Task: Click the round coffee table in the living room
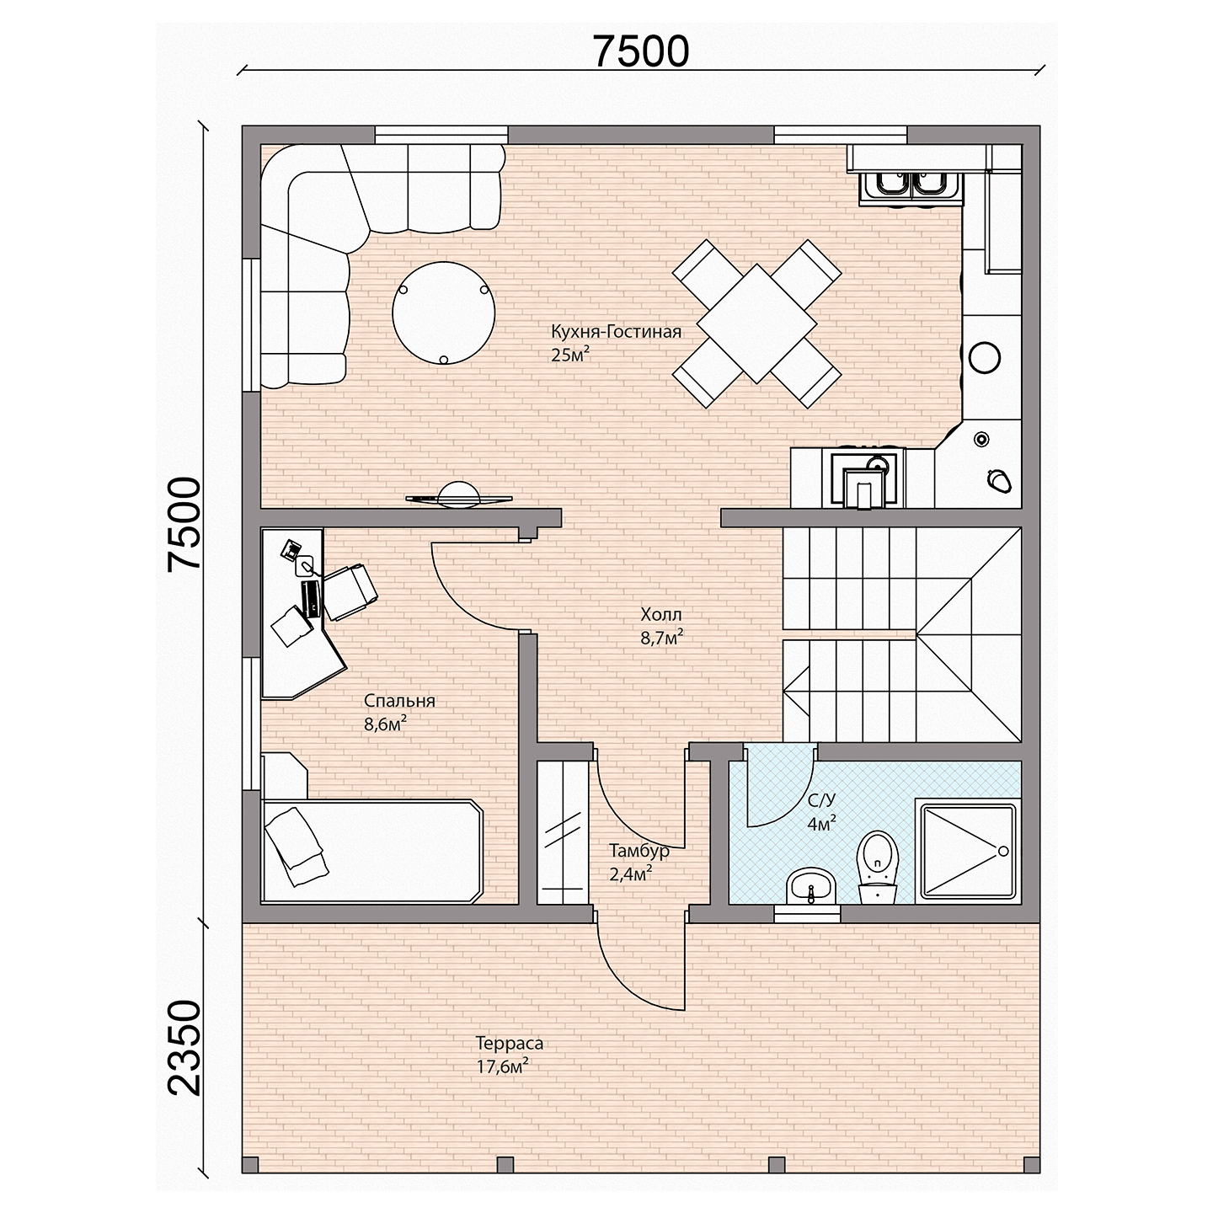click(443, 313)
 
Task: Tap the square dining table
click(756, 323)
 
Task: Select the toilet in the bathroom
click(878, 868)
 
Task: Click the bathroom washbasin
click(810, 887)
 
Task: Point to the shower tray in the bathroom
click(968, 851)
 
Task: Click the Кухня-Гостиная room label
click(617, 331)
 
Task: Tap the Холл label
click(661, 614)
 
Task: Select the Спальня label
click(400, 701)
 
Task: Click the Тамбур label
click(639, 851)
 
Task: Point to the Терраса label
click(510, 1043)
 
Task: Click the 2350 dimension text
click(184, 1047)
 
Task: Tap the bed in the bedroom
click(372, 851)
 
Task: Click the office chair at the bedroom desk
click(350, 591)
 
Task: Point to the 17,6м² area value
click(502, 1066)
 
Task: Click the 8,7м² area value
click(661, 638)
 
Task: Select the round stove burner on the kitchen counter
click(985, 357)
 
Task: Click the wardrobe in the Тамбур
click(562, 833)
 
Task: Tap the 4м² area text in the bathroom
click(821, 823)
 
